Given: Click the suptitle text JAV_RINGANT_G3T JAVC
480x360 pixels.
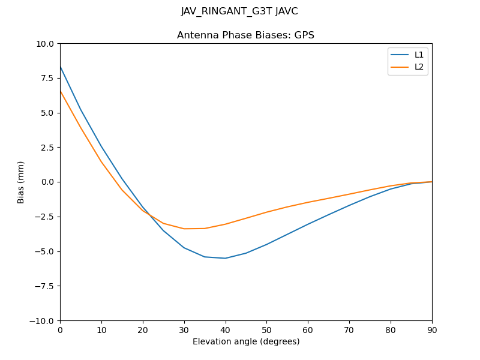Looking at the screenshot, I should tap(239, 11).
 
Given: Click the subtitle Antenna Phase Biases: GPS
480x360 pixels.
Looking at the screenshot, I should tap(245, 35).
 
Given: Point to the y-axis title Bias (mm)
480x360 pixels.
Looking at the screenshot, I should tap(21, 182).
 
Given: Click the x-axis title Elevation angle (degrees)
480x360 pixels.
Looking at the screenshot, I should tap(245, 342).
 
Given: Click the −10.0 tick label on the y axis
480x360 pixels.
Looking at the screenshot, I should tap(44, 321).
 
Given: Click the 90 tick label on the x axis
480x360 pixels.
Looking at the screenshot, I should tap(431, 330).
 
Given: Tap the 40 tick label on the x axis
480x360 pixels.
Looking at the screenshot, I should tap(225, 330).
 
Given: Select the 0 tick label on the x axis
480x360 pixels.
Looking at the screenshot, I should tap(60, 330).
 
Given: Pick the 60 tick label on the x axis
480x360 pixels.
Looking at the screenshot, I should tap(308, 330).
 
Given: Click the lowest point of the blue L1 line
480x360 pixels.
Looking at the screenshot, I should tap(225, 258).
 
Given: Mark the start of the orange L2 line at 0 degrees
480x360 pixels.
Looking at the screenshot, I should tap(60, 91).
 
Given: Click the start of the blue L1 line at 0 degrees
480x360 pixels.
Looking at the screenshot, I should tap(60, 66).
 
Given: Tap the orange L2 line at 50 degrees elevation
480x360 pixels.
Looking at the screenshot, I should tap(266, 212).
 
